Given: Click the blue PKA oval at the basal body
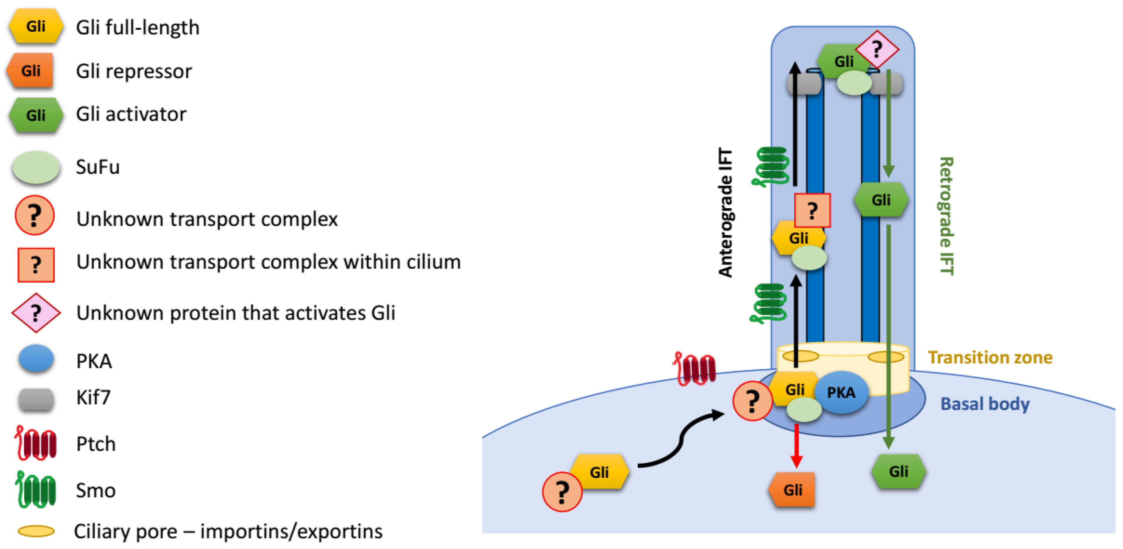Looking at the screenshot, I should click(x=841, y=393).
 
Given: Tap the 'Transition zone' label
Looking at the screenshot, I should click(x=989, y=358).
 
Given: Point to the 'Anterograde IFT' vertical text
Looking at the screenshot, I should click(x=725, y=213).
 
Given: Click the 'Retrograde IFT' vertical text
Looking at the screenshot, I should click(x=946, y=216).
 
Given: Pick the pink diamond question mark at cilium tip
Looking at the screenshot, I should click(x=877, y=49).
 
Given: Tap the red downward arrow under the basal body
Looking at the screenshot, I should click(x=797, y=445).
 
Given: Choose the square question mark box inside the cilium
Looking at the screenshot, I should click(x=812, y=211).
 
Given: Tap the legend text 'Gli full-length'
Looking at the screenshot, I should click(x=138, y=27).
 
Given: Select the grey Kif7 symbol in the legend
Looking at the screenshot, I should click(x=36, y=399).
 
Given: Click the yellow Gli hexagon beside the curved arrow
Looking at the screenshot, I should click(x=600, y=472).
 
